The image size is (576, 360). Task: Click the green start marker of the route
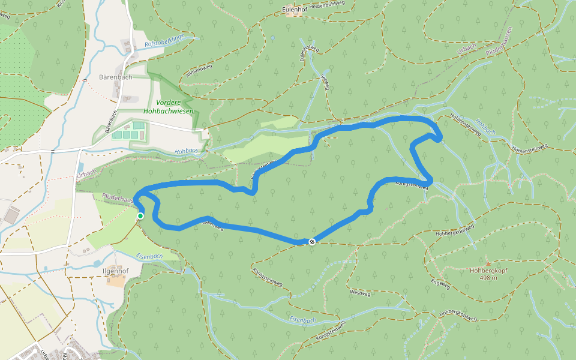[x=140, y=216]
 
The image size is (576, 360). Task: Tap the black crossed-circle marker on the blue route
[x=311, y=242]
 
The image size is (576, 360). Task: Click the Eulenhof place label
[x=294, y=10]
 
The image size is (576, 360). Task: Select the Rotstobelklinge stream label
[x=163, y=41]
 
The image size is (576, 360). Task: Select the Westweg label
[x=360, y=293]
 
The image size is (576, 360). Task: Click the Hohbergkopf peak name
[x=487, y=270]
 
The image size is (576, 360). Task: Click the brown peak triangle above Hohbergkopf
[x=487, y=263]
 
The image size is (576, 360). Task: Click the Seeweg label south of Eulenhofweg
[x=326, y=82]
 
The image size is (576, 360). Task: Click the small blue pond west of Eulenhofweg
[x=272, y=38]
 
